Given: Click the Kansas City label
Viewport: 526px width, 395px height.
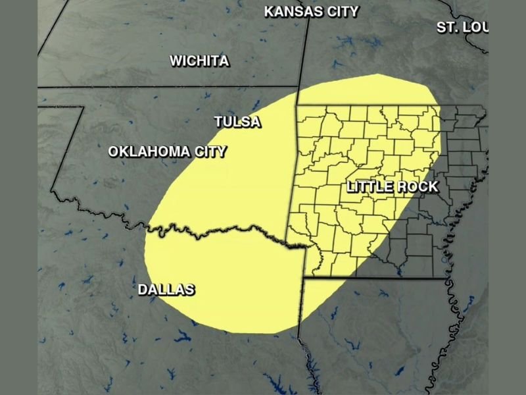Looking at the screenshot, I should (311, 11).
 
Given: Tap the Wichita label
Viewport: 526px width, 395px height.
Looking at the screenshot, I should (199, 61).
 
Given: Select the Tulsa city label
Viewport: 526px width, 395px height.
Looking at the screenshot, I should (237, 122).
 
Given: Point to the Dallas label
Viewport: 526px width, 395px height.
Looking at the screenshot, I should (166, 290).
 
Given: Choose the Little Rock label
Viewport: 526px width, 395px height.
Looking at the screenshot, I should (392, 187).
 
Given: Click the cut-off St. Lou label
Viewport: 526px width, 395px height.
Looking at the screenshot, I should (462, 27).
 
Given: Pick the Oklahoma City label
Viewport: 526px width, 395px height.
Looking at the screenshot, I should (167, 152).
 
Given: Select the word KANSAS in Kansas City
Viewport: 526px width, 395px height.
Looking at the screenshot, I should (293, 11).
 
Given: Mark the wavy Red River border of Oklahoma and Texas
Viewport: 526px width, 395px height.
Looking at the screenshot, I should (224, 230).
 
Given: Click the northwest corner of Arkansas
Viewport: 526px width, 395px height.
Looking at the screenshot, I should (297, 106).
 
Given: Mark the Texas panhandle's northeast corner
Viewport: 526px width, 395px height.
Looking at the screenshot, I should (83, 107).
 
